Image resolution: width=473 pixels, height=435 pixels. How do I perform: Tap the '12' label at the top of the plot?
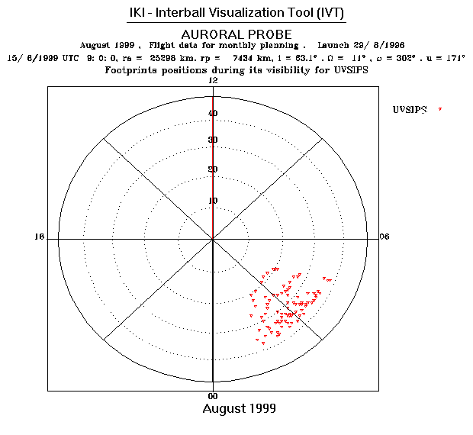214,81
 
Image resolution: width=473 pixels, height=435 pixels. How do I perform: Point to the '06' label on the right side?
385,237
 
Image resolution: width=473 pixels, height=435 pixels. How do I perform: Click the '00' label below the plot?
214,396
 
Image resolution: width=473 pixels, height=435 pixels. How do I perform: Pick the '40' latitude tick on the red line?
214,114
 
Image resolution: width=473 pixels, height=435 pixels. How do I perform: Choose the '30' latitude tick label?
214,140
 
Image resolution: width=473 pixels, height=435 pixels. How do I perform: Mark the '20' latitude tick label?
214,170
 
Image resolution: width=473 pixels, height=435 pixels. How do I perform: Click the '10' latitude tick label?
214,201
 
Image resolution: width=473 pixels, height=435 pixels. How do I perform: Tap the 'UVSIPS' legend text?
409,110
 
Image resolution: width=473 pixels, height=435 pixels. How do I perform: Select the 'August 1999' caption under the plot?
239,409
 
